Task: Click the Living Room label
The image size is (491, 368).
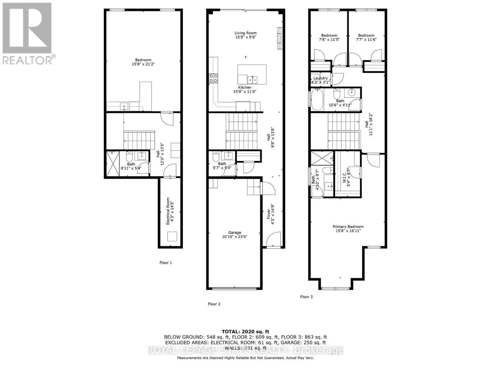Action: [245, 33]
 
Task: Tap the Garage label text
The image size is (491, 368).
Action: [234, 232]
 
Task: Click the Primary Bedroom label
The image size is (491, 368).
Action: [348, 227]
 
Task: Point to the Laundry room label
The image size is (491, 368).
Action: [320, 78]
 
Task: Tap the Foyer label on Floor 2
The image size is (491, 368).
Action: [269, 214]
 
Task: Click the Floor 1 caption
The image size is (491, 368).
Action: [166, 263]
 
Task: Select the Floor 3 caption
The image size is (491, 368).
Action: [306, 297]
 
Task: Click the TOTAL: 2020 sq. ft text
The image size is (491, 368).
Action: [245, 332]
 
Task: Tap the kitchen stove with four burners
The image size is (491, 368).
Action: [214, 79]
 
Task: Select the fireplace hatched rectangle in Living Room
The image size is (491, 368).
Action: [280, 38]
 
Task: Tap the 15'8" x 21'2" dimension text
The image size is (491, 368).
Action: [143, 64]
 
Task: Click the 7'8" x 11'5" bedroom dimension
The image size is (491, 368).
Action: [329, 39]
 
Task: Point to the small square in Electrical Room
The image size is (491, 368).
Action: [172, 237]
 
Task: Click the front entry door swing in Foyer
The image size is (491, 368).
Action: [274, 239]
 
